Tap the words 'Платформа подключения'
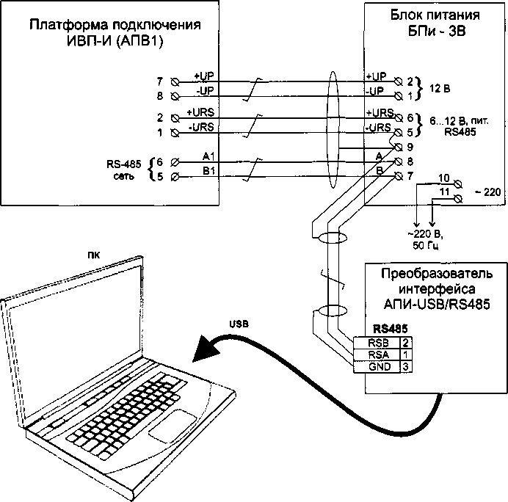[114, 25]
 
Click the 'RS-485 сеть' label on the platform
[127, 168]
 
